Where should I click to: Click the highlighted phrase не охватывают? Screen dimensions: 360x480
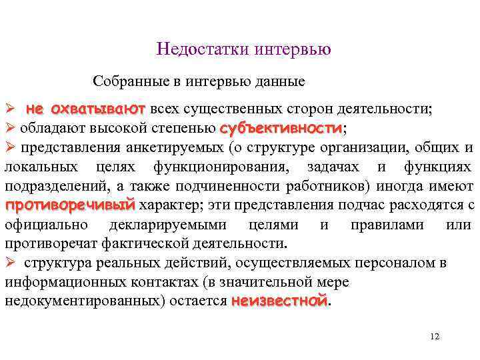pyautogui.click(x=85, y=109)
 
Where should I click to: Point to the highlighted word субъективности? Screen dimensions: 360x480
pyautogui.click(x=281, y=127)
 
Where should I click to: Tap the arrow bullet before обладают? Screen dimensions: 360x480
pyautogui.click(x=10, y=128)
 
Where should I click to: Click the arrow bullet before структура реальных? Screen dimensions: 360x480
pyautogui.click(x=10, y=263)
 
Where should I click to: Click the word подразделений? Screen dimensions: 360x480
pyautogui.click(x=45, y=185)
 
